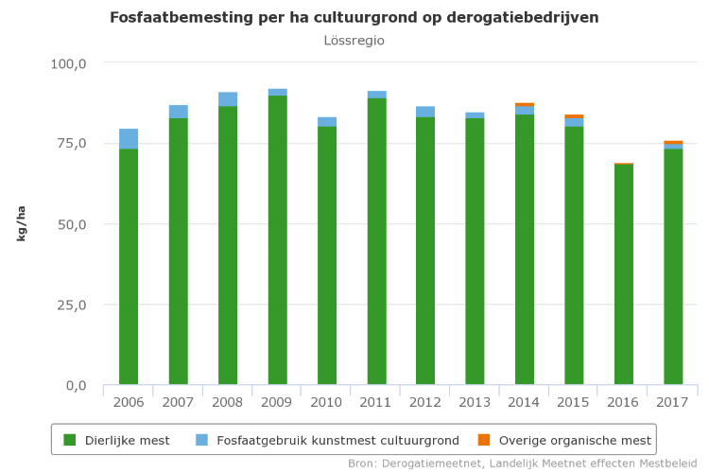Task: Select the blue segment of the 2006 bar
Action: [129, 139]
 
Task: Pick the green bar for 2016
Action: [624, 274]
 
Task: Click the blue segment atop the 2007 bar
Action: [178, 112]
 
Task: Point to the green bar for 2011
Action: [376, 241]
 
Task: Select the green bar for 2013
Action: [476, 252]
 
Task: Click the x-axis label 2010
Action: [326, 402]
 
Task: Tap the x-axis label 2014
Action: [525, 402]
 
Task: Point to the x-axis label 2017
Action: [673, 402]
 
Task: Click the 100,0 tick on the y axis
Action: [68, 63]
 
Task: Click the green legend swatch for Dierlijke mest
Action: [69, 440]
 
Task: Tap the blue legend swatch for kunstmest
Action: [202, 440]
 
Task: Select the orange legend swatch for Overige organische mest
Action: [484, 440]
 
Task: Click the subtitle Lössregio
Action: [354, 41]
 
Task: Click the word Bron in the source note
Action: [362, 464]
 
